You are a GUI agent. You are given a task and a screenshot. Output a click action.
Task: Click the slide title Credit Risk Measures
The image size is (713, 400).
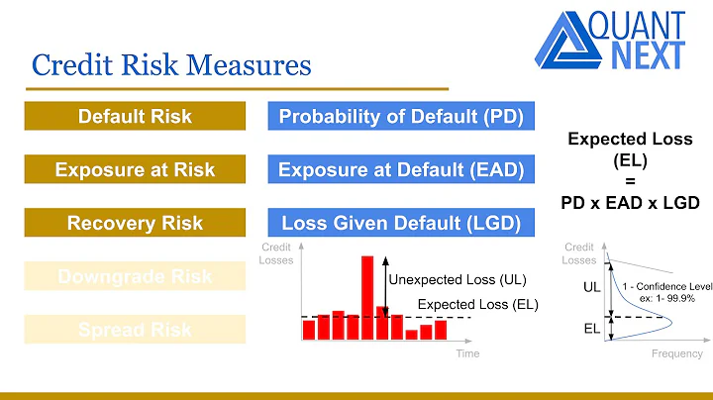(x=171, y=65)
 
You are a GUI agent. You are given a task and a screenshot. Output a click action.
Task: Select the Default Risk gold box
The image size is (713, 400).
(x=135, y=117)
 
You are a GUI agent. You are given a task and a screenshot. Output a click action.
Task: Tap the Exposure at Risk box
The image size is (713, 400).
(x=135, y=170)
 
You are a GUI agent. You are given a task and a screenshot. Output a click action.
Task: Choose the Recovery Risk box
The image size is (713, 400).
(x=135, y=223)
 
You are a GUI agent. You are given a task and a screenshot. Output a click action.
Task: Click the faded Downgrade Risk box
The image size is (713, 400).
(x=135, y=276)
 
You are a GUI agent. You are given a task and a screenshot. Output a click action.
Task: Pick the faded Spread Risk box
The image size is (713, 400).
(x=135, y=329)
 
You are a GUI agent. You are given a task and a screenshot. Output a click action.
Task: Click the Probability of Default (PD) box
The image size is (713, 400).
(x=401, y=117)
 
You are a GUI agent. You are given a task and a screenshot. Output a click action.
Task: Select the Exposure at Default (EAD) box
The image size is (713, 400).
(x=401, y=170)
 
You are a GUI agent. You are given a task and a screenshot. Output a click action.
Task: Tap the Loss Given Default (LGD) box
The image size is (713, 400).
(x=401, y=223)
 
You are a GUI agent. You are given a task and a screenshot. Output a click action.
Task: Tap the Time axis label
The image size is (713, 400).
(x=467, y=353)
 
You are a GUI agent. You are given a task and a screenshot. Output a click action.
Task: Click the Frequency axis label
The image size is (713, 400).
(x=678, y=353)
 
